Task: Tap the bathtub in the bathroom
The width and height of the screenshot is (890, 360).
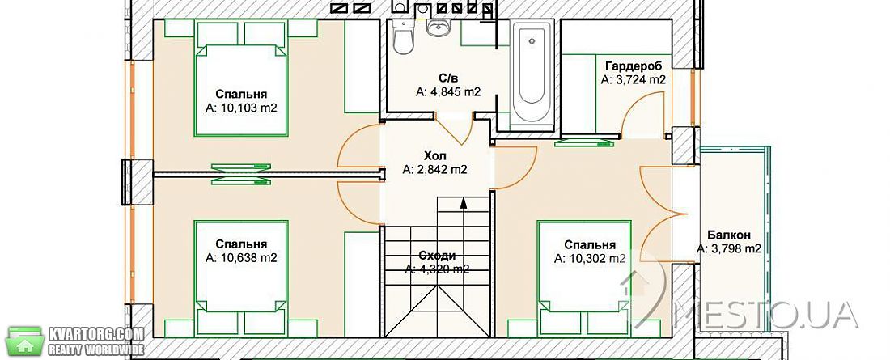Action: [x=532, y=71]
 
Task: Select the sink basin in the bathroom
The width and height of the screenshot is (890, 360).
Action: [x=438, y=28]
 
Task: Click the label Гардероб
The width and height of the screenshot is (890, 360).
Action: [x=633, y=66]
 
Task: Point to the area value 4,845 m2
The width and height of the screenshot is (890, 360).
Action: [x=448, y=91]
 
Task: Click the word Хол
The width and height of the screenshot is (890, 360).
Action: [x=434, y=155]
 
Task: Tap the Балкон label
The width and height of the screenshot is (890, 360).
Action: [x=729, y=235]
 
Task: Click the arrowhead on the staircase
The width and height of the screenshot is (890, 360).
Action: [x=463, y=203]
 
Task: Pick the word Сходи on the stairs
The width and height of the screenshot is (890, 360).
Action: [x=437, y=256]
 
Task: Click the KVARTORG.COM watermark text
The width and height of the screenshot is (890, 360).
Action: [x=96, y=334]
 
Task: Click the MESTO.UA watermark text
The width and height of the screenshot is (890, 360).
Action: [x=772, y=316]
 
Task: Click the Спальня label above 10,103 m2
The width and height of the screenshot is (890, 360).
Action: [x=241, y=95]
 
